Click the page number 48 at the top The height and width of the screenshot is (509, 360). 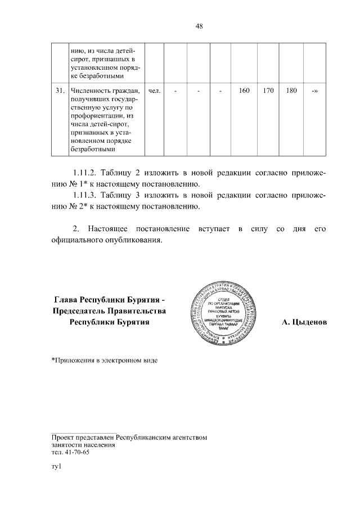click(199, 25)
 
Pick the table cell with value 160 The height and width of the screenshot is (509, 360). click(244, 91)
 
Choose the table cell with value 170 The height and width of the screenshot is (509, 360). click(268, 91)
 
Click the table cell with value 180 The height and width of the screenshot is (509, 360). click(291, 91)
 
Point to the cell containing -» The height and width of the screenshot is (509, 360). click(314, 91)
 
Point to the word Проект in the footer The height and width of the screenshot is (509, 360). click(62, 436)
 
